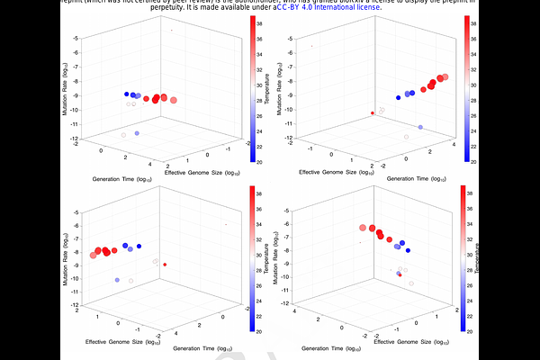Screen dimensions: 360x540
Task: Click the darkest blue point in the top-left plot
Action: click(127, 94)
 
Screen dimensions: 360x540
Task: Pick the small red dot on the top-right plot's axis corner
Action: click(373, 112)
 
